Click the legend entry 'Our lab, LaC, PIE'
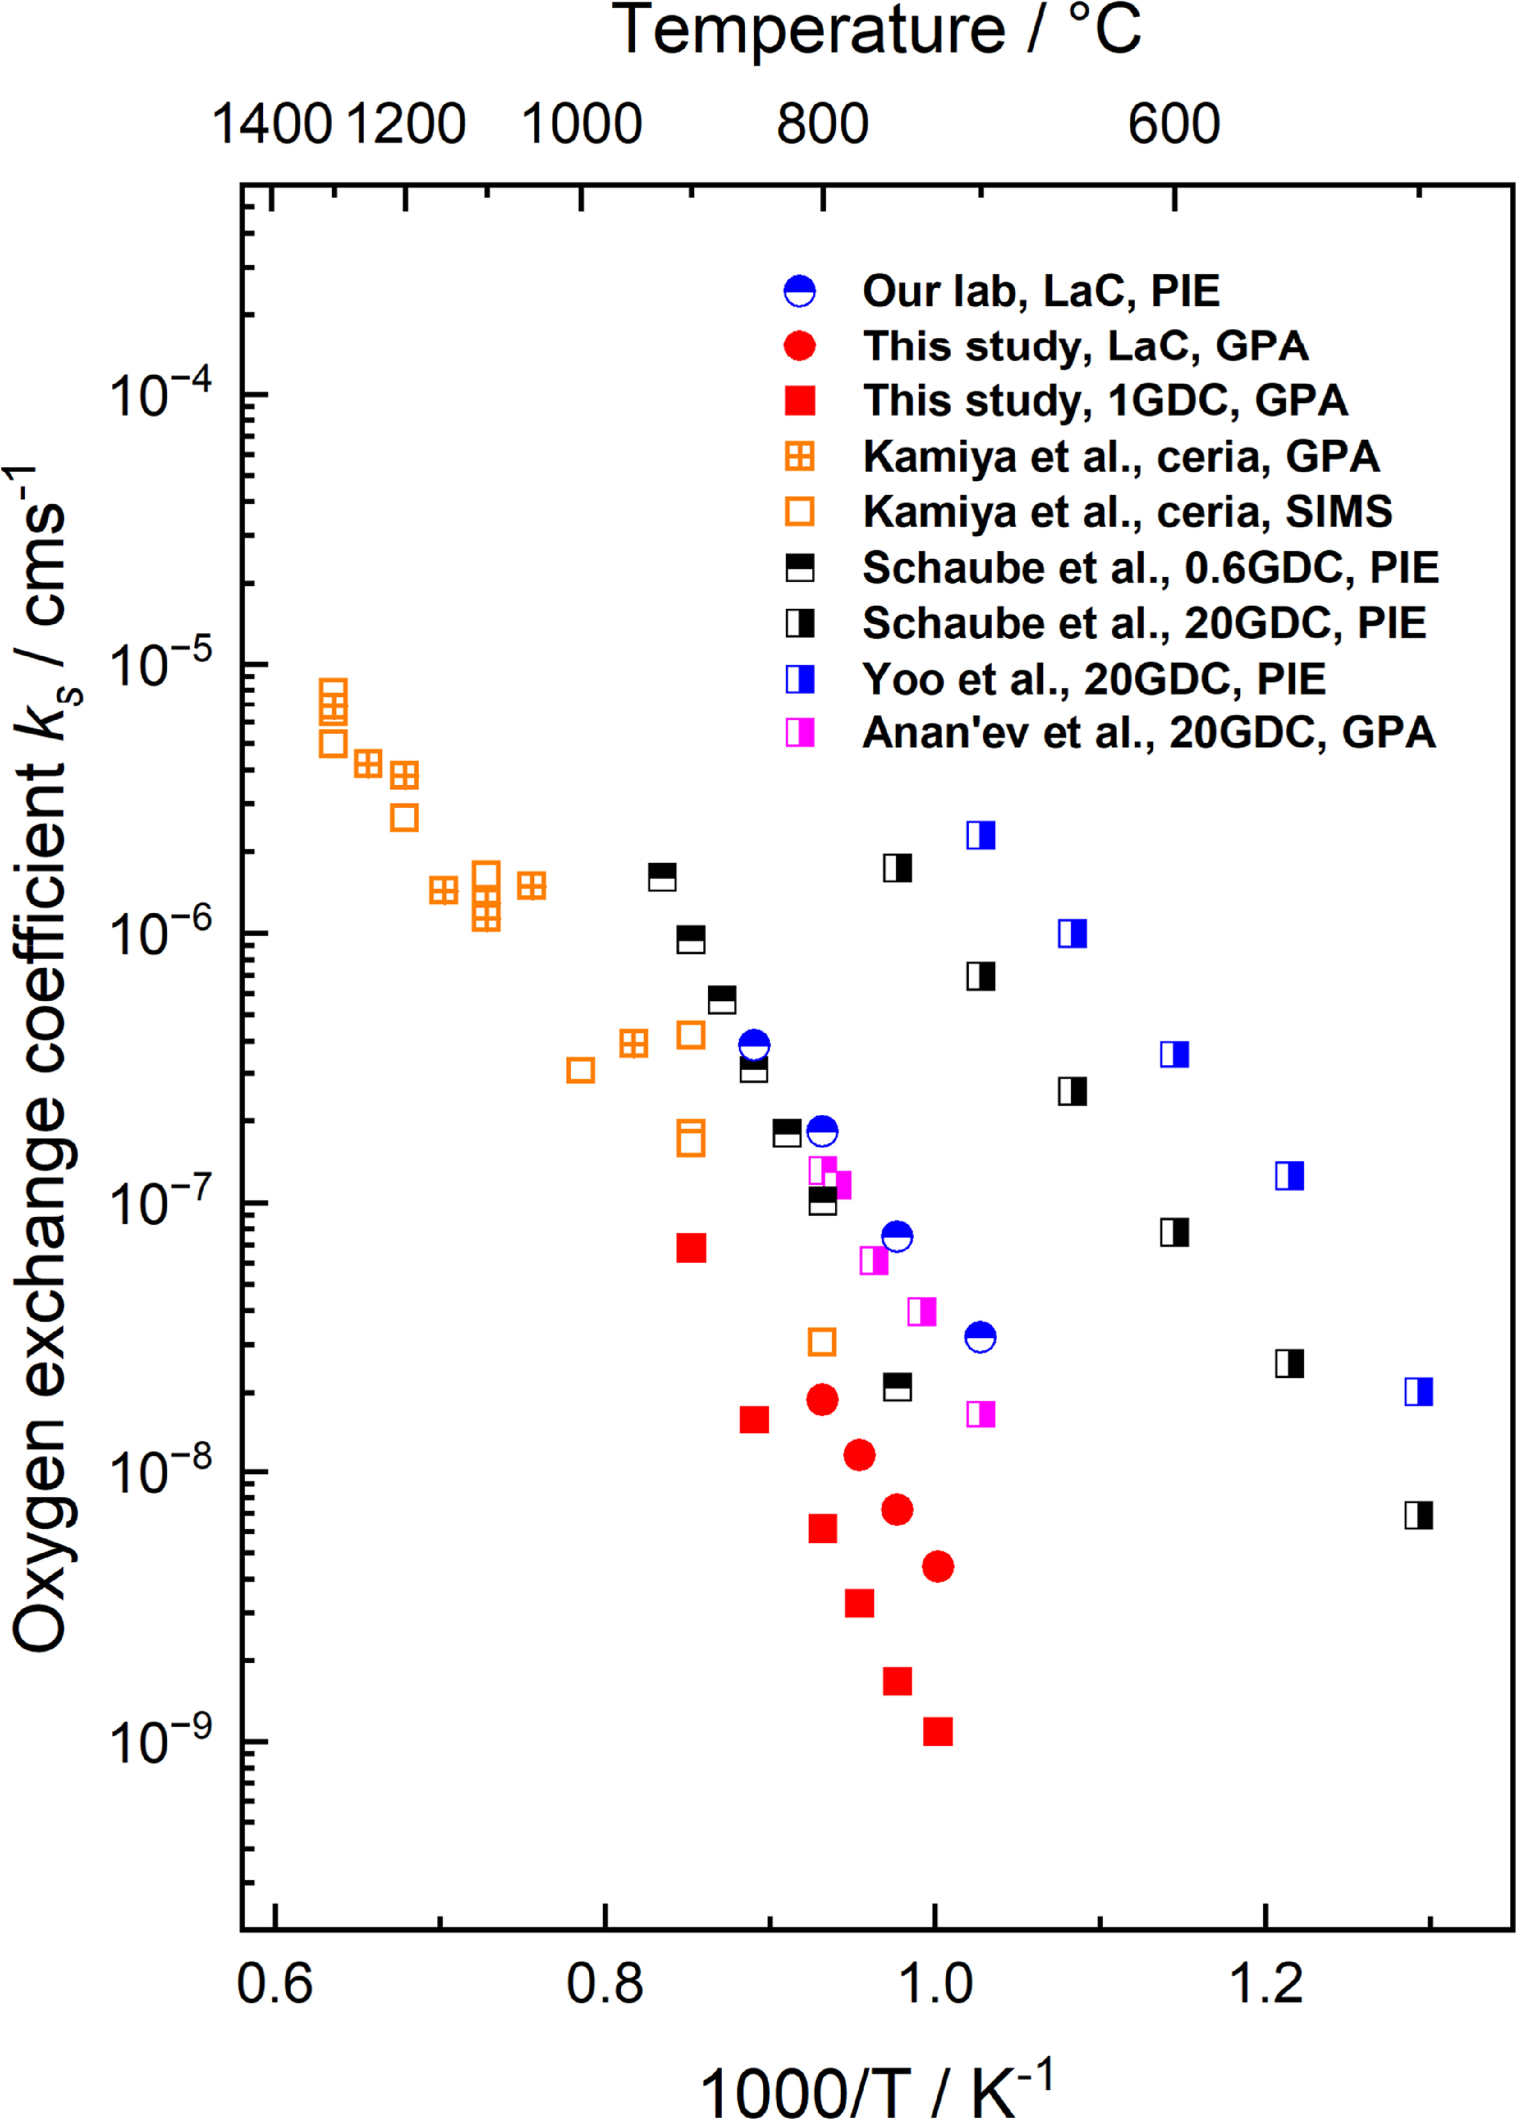[x=1040, y=291]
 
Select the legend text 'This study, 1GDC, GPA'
[x=1105, y=401]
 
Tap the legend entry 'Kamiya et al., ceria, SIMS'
[x=1127, y=511]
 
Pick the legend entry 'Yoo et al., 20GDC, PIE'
[x=1093, y=679]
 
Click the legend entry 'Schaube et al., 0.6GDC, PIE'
[x=1150, y=567]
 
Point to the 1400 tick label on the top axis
[x=272, y=124]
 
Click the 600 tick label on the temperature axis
[x=1173, y=124]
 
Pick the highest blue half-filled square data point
[x=980, y=835]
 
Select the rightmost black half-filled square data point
[x=1418, y=1515]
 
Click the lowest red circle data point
[x=937, y=1567]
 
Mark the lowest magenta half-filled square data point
[x=980, y=1414]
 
